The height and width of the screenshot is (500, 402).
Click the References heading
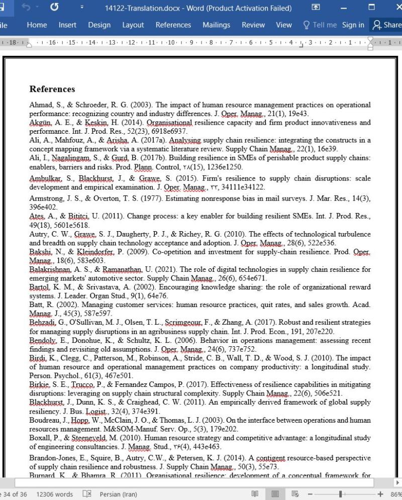coord(52,89)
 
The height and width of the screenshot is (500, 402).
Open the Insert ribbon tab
coord(67,25)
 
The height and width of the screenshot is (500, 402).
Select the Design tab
coord(99,25)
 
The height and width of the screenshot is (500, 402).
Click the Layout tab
coord(133,25)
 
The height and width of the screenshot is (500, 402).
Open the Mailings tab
coord(216,25)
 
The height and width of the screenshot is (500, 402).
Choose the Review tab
coord(253,25)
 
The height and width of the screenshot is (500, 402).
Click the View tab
coord(284,25)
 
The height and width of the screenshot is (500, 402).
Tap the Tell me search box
coord(320,25)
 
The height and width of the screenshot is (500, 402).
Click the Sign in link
coord(353,25)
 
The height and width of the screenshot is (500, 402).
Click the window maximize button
coord(371,8)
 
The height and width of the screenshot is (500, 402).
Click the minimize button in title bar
coord(344,8)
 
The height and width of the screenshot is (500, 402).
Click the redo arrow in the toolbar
coord(54,8)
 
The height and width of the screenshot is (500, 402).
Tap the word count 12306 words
coord(54,494)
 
